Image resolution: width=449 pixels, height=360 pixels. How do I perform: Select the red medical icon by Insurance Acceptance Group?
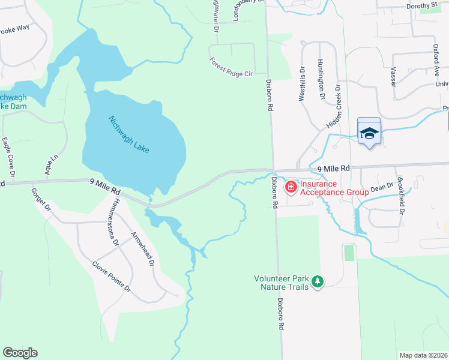[x=291, y=188]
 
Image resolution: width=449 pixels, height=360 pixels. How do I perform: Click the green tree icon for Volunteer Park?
[x=318, y=281]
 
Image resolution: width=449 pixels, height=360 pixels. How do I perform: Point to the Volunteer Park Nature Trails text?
[x=281, y=283]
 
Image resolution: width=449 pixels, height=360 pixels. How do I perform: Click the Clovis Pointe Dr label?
[x=111, y=277]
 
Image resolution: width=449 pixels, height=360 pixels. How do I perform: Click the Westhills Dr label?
[x=303, y=84]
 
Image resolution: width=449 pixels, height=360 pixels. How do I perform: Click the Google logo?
[x=20, y=353]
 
